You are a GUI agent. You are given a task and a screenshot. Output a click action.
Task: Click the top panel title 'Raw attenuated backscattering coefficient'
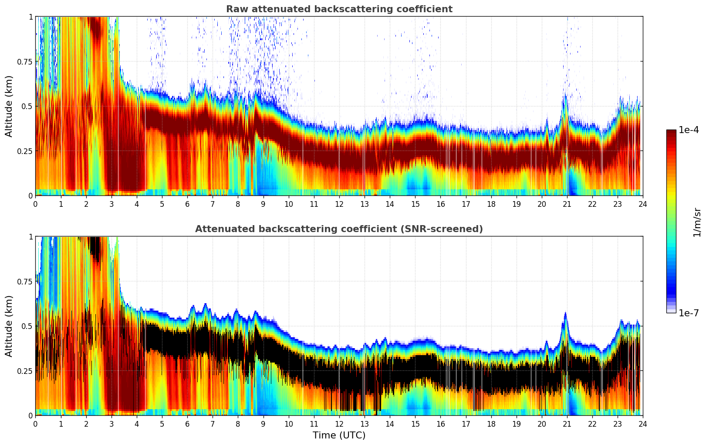(339, 9)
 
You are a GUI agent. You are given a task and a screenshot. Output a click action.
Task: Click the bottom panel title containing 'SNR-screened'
(339, 229)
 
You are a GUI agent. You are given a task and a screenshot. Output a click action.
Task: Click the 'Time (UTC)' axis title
(339, 435)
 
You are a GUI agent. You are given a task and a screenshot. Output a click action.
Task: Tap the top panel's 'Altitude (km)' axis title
(9, 106)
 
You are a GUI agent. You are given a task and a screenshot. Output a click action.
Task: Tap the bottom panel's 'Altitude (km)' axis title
(9, 326)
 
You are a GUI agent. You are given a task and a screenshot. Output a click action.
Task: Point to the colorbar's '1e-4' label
(689, 130)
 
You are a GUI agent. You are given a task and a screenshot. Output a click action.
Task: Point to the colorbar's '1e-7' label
(689, 313)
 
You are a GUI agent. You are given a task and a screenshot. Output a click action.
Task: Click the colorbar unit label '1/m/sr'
(697, 222)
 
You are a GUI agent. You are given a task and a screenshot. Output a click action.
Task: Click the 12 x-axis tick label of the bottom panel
(339, 424)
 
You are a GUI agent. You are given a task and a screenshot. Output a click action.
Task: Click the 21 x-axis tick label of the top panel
(567, 204)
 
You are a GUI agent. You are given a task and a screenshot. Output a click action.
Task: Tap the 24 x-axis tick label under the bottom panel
(642, 424)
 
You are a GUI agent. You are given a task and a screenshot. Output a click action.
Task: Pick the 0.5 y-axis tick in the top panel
(27, 106)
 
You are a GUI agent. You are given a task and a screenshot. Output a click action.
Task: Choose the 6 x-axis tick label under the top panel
(187, 204)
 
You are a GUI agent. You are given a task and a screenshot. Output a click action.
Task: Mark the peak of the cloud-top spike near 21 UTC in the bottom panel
(565, 313)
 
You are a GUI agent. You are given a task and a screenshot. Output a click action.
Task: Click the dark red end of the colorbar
(671, 133)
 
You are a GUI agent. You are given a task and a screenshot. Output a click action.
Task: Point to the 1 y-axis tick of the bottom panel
(30, 237)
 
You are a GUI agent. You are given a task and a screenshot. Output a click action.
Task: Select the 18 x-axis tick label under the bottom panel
(491, 424)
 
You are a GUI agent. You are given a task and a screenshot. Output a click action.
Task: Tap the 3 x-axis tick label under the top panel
(111, 204)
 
